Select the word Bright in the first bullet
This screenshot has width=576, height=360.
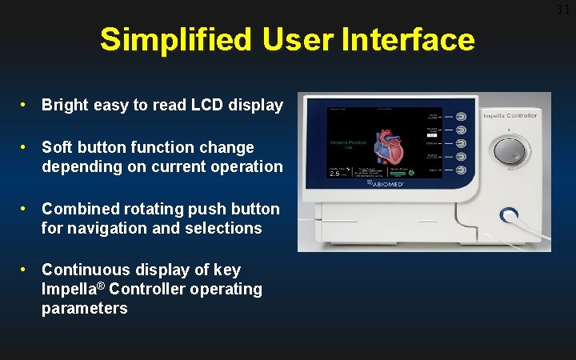click(x=63, y=106)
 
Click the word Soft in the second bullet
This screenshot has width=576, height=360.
click(x=57, y=148)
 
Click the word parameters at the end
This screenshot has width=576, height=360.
click(x=84, y=309)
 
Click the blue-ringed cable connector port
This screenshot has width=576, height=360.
click(x=508, y=215)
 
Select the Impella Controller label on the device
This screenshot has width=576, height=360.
click(x=510, y=117)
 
